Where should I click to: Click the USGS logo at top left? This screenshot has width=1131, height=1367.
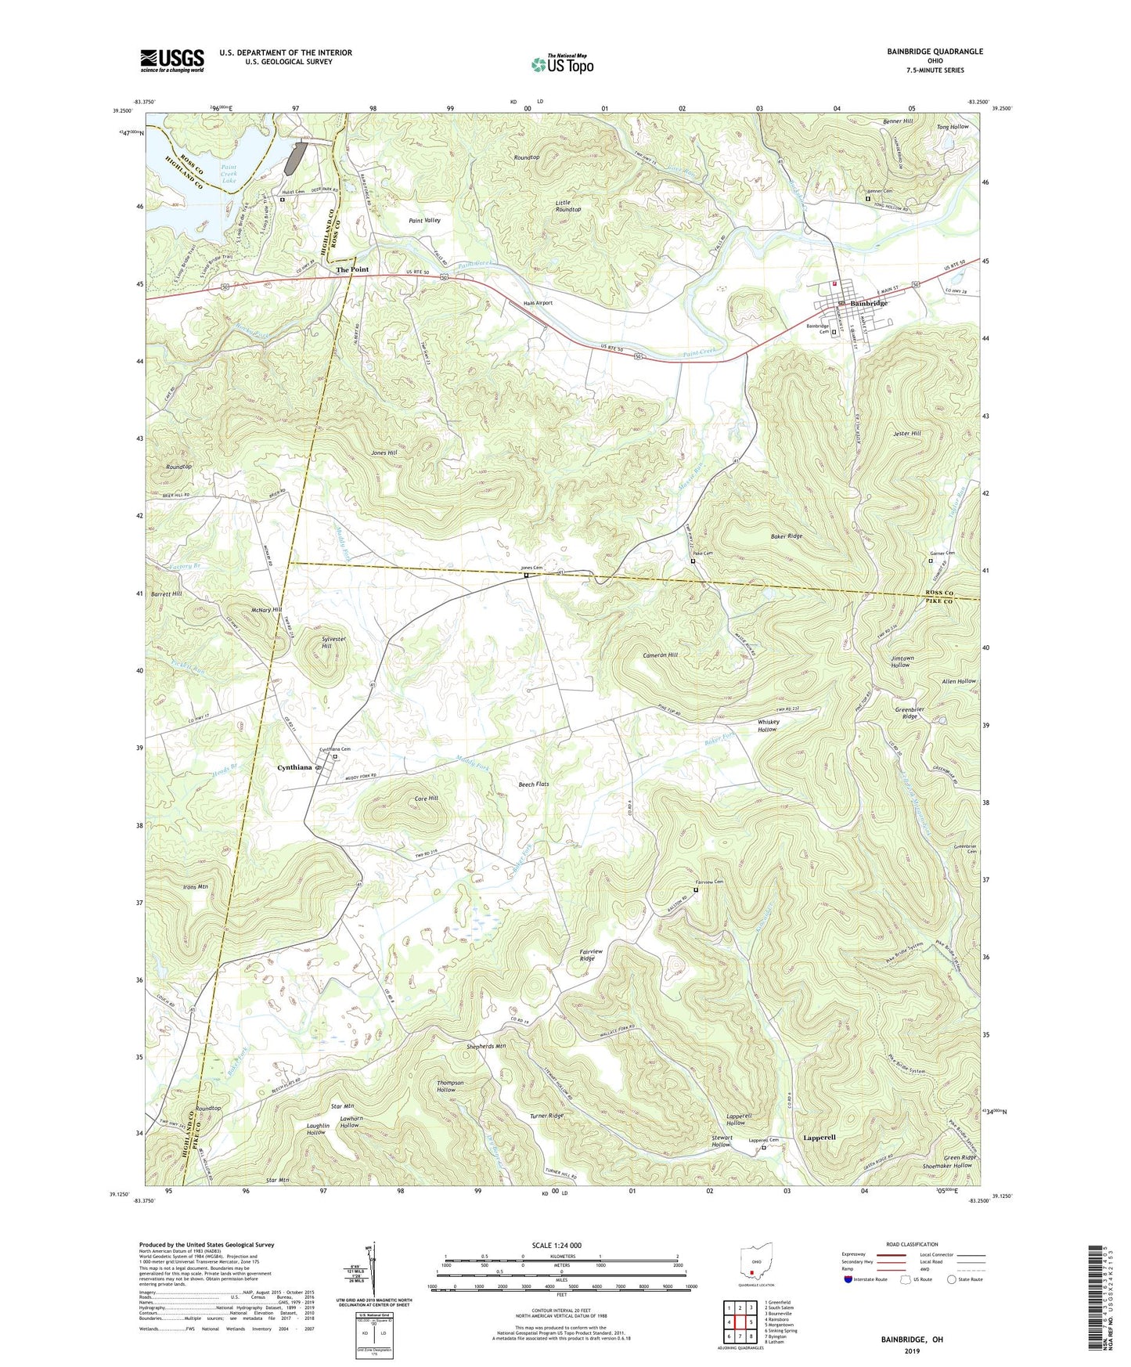(171, 60)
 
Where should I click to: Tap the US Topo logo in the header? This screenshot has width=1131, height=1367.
(562, 64)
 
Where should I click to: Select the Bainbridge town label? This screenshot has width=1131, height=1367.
(869, 303)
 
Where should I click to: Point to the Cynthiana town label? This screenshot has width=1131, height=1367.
(294, 767)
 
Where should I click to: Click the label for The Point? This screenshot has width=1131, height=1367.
(352, 269)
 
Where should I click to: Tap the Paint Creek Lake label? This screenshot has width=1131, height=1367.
(229, 174)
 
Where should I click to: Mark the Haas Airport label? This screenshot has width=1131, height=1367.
(538, 303)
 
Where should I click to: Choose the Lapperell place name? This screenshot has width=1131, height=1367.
(819, 1137)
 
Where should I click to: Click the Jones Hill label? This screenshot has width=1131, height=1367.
(384, 453)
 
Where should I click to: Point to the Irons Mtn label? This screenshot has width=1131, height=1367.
(195, 887)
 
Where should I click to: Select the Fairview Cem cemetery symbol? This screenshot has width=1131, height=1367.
(695, 889)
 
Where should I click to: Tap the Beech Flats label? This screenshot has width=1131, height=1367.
(534, 784)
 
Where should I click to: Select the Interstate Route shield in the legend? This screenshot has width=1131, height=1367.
(850, 1279)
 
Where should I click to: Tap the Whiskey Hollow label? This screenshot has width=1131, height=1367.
(767, 725)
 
